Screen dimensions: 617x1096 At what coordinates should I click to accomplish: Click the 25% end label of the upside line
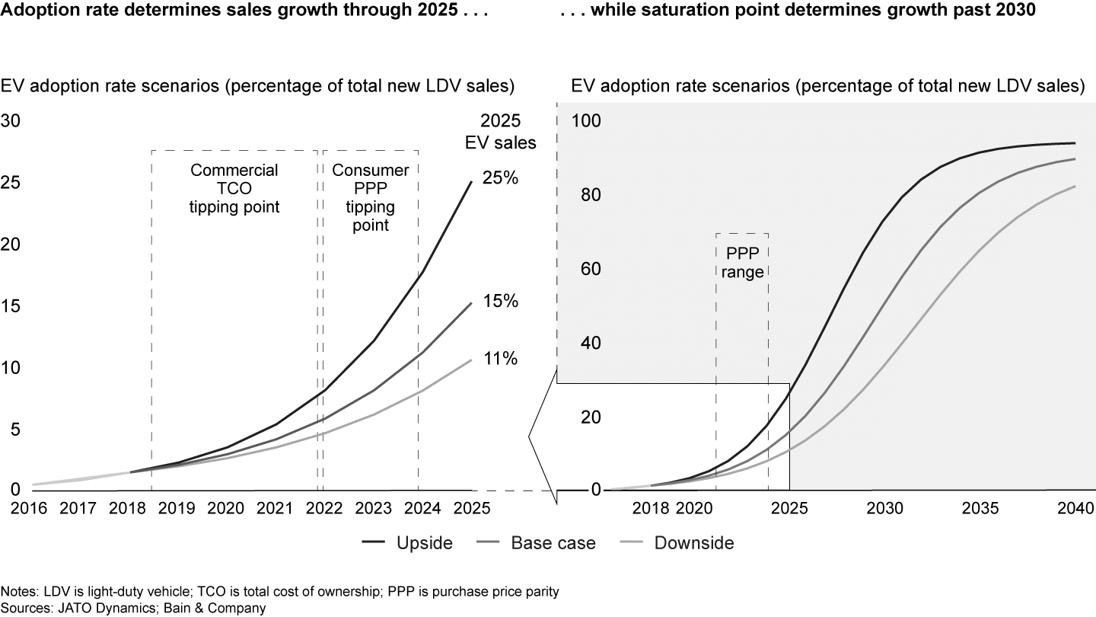(x=499, y=178)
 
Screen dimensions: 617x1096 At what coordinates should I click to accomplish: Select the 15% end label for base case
(x=499, y=301)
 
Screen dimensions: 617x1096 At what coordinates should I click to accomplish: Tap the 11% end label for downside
(x=499, y=358)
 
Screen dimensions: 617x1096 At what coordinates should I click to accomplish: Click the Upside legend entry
(x=424, y=543)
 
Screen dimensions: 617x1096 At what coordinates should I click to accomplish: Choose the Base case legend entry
(x=553, y=543)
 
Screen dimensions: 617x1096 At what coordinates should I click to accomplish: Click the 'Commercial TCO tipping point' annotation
(x=234, y=188)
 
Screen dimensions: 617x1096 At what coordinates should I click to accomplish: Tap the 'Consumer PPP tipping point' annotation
(x=371, y=197)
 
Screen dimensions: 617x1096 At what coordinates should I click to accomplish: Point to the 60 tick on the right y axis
(x=591, y=269)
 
